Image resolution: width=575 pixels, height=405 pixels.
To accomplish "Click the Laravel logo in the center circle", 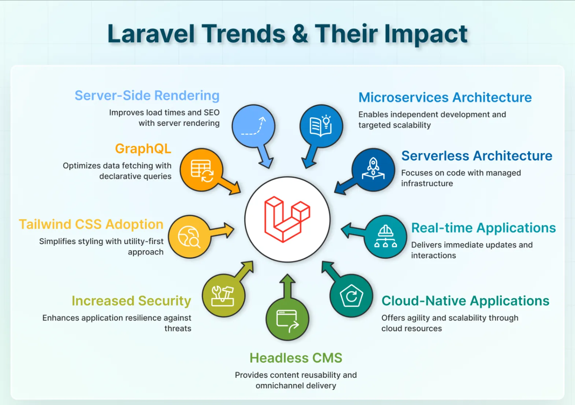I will pos(287,219).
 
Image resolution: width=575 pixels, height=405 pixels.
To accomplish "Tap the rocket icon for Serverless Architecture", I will pos(373,169).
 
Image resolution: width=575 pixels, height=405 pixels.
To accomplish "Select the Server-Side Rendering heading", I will pos(147,96).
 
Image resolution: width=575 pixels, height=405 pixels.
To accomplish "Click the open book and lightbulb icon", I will pos(321,126).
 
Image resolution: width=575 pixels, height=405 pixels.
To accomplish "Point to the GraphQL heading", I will pos(143,149).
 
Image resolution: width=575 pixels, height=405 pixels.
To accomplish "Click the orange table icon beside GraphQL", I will pos(202,170).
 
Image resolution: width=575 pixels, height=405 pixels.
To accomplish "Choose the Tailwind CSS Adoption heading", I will pos(91,224).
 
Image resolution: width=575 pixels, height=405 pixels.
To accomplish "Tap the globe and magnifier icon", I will pos(189,236).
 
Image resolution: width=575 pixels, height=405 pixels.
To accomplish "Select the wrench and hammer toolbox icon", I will pos(223,296).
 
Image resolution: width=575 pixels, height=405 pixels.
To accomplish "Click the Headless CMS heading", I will pos(296,358).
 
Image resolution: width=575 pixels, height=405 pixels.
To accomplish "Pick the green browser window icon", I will pos(287,320).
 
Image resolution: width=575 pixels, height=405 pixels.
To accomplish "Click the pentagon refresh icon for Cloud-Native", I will pos(351,296).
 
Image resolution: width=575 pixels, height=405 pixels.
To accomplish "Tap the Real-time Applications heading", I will pos(483,228).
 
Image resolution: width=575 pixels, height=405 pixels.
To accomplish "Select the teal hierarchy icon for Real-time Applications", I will pos(385,236).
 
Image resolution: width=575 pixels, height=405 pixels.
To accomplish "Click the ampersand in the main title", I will pos(300,34).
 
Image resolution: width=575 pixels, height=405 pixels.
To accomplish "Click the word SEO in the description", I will pos(212,113).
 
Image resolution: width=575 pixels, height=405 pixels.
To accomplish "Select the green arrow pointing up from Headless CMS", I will pos(287,286).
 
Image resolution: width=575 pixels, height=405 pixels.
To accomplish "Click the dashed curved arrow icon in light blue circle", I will pos(253,126).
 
